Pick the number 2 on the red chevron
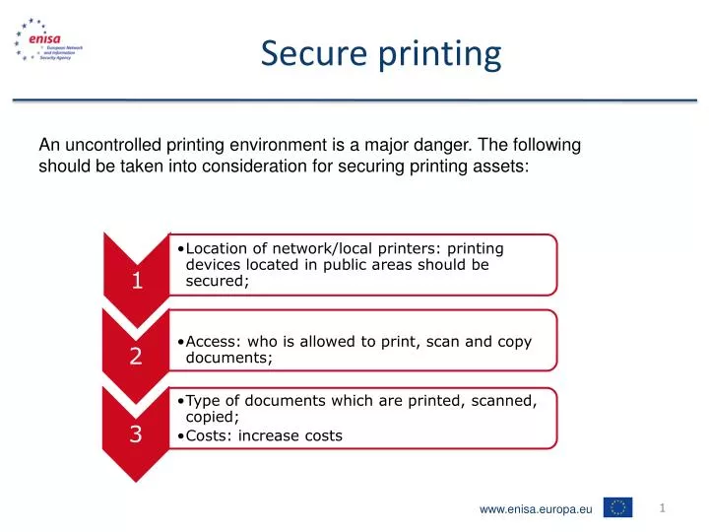click(136, 358)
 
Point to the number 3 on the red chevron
click(137, 434)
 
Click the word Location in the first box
click(220, 248)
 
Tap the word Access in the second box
click(212, 342)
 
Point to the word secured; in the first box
click(218, 282)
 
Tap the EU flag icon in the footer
click(618, 507)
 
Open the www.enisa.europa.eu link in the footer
click(536, 508)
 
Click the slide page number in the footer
click(664, 507)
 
